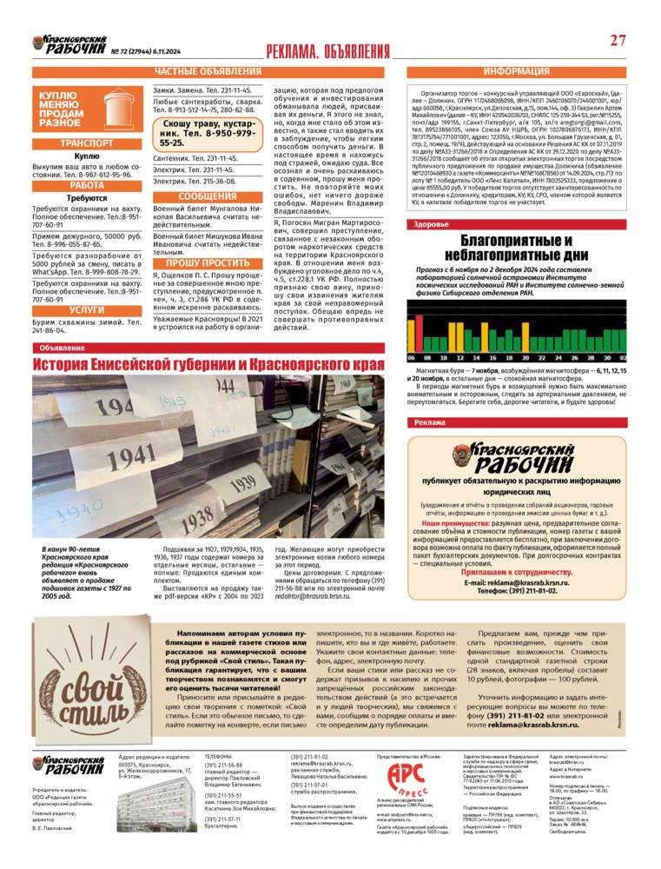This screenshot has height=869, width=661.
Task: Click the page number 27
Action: [x=618, y=40]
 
